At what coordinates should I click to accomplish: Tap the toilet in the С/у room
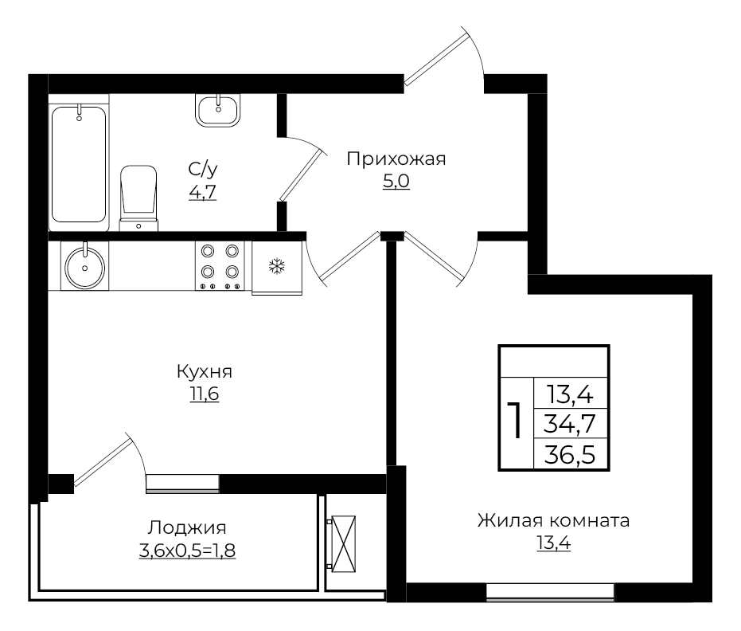point(138,195)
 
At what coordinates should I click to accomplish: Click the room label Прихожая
point(396,159)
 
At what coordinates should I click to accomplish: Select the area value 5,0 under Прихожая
point(396,182)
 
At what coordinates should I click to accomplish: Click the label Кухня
point(204,371)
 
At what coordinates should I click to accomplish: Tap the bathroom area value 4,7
point(202,191)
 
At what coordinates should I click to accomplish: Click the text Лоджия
point(187,527)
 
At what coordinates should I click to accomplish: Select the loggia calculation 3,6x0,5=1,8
point(187,550)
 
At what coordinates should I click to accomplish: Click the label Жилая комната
point(553,521)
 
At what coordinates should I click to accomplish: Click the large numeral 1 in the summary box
point(516,421)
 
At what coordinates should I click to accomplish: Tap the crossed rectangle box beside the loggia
point(343,543)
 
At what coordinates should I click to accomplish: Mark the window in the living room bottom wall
point(550,591)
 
